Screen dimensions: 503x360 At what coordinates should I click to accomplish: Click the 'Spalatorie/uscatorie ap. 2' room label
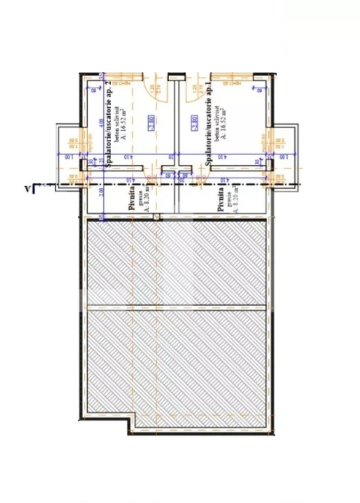tap(109, 124)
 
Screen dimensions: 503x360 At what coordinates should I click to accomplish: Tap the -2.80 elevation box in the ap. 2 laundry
tap(151, 122)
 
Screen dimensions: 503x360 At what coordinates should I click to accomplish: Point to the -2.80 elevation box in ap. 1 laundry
tap(194, 122)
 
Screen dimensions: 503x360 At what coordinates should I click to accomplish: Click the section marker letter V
tap(28, 188)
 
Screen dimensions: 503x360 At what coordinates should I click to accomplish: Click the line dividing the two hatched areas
tap(176, 306)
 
